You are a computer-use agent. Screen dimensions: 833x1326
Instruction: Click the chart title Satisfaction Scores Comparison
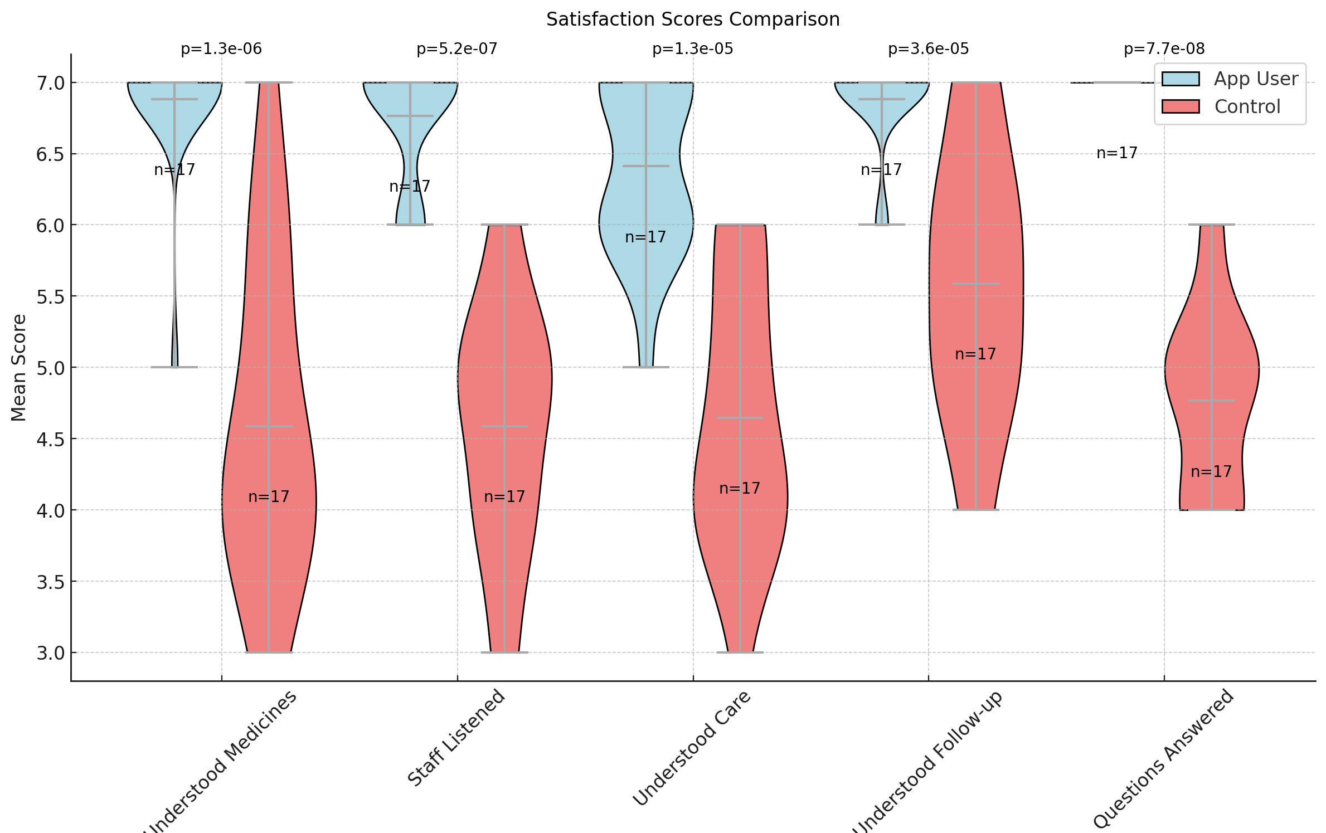(692, 20)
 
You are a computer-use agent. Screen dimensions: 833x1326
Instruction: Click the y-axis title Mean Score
(19, 368)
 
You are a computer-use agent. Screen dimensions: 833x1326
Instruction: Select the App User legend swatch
(1180, 79)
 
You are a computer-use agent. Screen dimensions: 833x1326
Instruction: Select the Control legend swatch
(1180, 106)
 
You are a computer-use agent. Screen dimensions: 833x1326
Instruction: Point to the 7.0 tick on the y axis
(50, 83)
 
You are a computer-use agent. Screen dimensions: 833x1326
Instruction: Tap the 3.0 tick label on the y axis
(50, 653)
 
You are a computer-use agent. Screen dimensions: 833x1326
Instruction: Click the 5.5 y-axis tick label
(50, 296)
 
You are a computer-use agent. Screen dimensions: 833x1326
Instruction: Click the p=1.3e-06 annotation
(221, 49)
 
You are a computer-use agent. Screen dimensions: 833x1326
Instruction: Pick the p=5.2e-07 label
(457, 49)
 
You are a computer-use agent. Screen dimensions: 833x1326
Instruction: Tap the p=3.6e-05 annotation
(928, 49)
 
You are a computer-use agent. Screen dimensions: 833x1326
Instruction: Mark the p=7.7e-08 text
(1164, 49)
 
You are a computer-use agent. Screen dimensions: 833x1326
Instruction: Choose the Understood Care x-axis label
(692, 748)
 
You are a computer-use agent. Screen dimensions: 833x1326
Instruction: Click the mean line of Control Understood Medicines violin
(269, 427)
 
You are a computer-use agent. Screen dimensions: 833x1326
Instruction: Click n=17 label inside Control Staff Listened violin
(504, 496)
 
